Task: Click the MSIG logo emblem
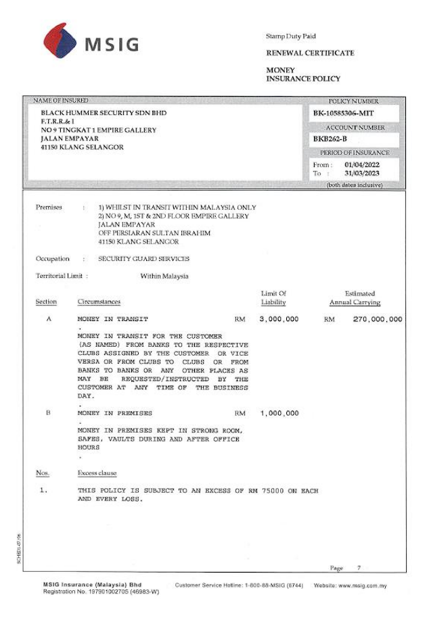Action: pos(60,41)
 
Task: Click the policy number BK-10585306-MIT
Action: pos(344,114)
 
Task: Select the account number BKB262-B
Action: pos(329,139)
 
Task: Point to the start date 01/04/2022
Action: pos(362,165)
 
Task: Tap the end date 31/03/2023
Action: pos(362,174)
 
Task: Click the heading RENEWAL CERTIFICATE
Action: pos(310,53)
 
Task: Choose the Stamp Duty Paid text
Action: pos(291,37)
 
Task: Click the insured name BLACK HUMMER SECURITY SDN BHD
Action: pos(104,113)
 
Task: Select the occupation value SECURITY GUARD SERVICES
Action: pos(144,259)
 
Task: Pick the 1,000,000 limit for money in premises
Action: pos(279,414)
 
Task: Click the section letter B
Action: pos(48,413)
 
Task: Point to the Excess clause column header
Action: pos(97,473)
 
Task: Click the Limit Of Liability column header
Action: pos(273,298)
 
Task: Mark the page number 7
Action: pos(359,568)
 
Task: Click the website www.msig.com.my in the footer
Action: pos(362,585)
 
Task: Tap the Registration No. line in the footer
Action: pos(101,592)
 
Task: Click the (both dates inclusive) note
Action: pos(354,185)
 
